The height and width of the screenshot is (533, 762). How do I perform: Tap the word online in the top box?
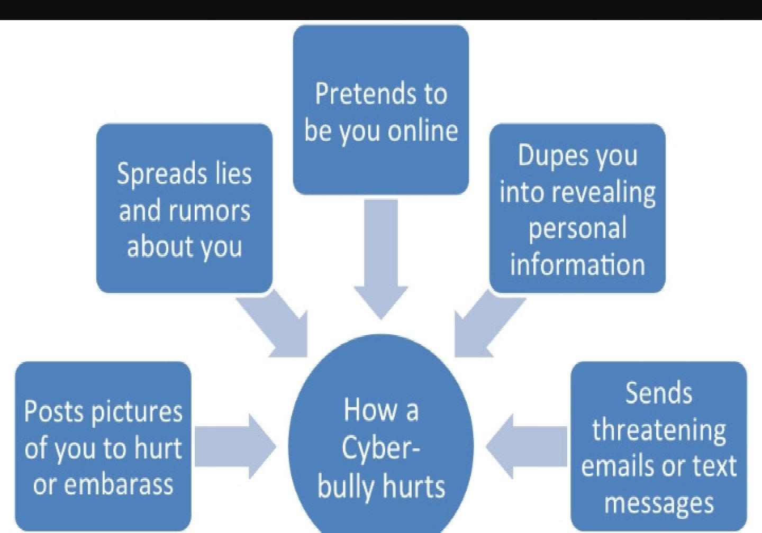[423, 130]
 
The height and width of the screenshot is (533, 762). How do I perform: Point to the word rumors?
[210, 210]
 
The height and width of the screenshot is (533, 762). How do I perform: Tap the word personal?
[577, 228]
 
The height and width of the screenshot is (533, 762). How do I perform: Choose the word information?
[577, 264]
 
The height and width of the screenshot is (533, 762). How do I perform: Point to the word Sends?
[659, 393]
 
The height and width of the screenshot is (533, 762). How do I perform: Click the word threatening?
[659, 430]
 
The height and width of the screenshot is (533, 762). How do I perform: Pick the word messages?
[659, 503]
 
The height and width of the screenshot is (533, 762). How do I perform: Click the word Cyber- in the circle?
[380, 448]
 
